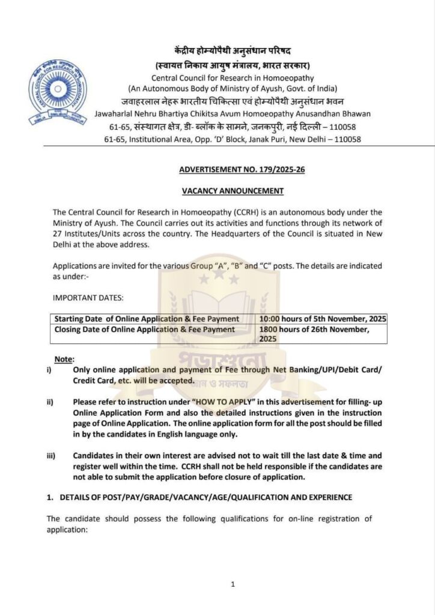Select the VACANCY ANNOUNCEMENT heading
pos(233,191)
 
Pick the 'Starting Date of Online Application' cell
pos(147,318)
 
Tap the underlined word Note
pos(64,359)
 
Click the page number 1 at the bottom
pos(233,583)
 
